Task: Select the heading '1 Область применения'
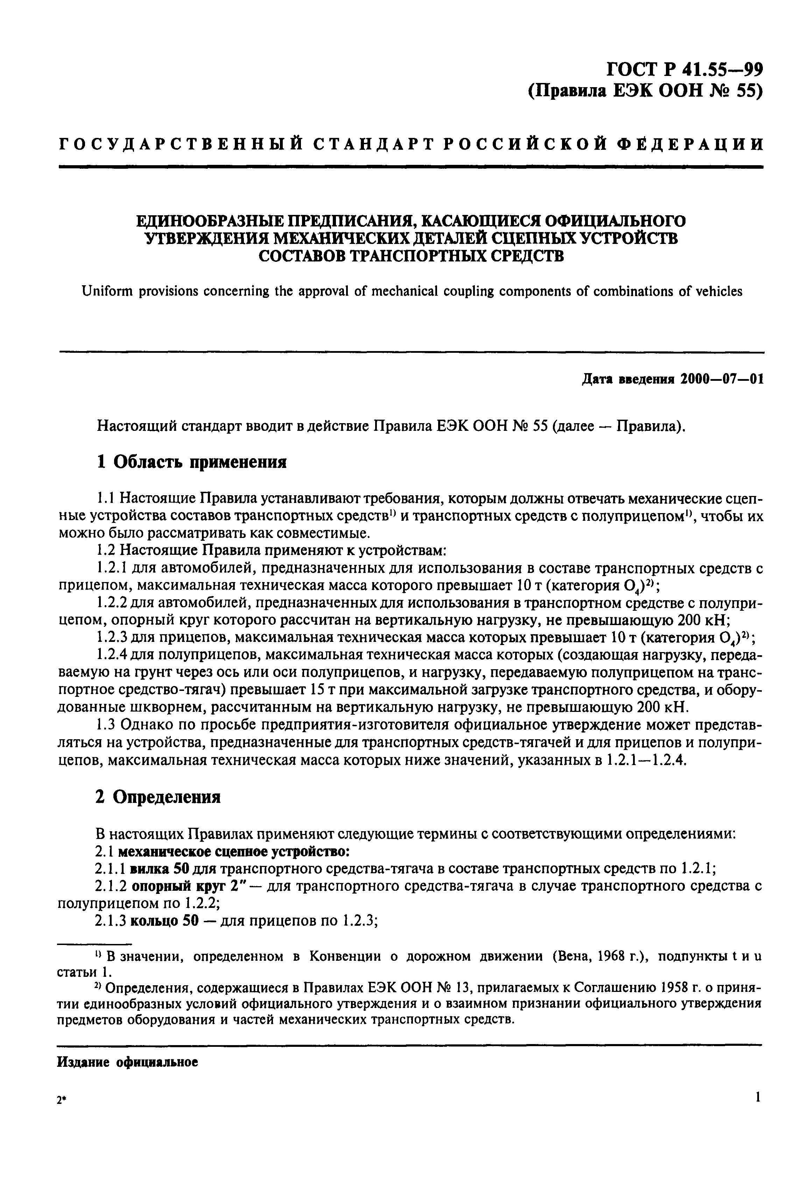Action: [191, 462]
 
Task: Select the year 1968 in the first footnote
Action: [616, 956]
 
